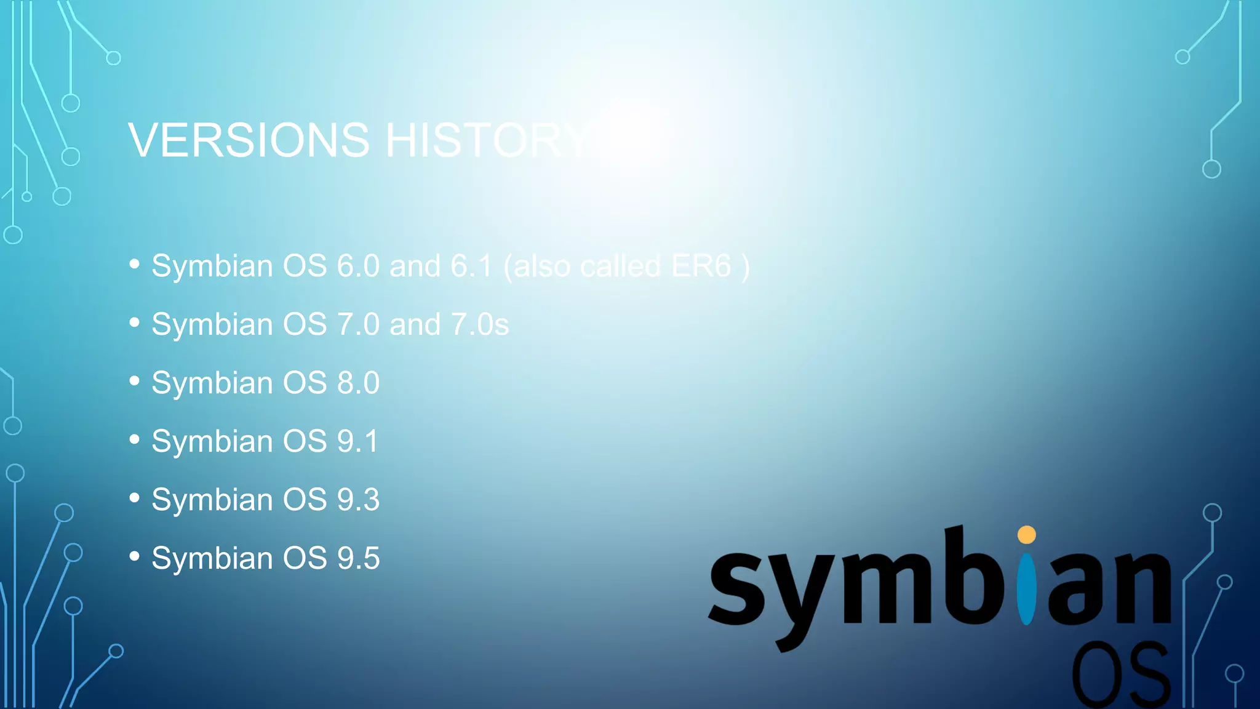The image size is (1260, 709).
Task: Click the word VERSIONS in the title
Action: click(x=249, y=140)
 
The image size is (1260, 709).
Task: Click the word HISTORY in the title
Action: click(x=488, y=140)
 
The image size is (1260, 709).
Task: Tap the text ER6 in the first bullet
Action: click(x=701, y=266)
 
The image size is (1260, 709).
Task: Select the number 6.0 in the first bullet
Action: click(x=358, y=266)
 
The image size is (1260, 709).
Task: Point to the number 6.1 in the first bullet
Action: click(x=471, y=266)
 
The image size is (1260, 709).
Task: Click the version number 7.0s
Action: click(x=480, y=324)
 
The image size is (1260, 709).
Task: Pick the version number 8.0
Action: click(x=358, y=383)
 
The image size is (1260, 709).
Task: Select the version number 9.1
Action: click(x=357, y=441)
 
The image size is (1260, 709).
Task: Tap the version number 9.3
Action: click(x=358, y=500)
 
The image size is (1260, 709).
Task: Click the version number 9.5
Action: click(x=358, y=558)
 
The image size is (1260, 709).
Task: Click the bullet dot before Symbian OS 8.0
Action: click(x=135, y=381)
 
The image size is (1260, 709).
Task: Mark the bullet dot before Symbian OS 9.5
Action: click(x=135, y=556)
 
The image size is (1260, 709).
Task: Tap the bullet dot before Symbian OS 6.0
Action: click(x=135, y=264)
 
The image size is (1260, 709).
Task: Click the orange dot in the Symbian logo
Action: click(x=1026, y=534)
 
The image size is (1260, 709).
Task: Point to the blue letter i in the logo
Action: click(x=1026, y=588)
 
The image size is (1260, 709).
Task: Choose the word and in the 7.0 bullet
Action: click(x=415, y=324)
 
